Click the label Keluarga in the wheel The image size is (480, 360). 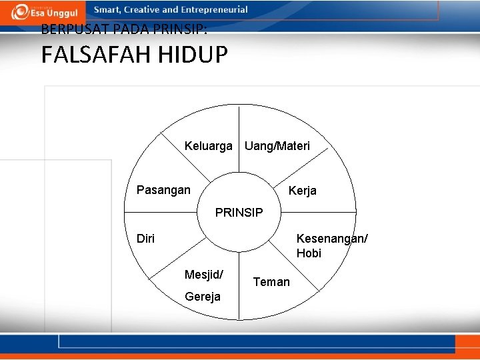[208, 146]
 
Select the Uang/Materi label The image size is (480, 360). [277, 146]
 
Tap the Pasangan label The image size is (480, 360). [163, 190]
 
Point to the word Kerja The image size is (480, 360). [302, 191]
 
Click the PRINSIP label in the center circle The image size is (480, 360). [239, 213]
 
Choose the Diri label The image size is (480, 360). [145, 239]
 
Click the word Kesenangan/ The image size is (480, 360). [331, 239]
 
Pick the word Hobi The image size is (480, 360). [309, 253]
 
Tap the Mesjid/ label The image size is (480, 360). [203, 274]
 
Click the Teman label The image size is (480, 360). [271, 282]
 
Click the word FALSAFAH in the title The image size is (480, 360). [96, 55]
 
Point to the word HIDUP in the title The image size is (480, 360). [193, 55]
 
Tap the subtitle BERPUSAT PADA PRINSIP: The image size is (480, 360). [124, 29]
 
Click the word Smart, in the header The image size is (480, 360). [109, 10]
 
